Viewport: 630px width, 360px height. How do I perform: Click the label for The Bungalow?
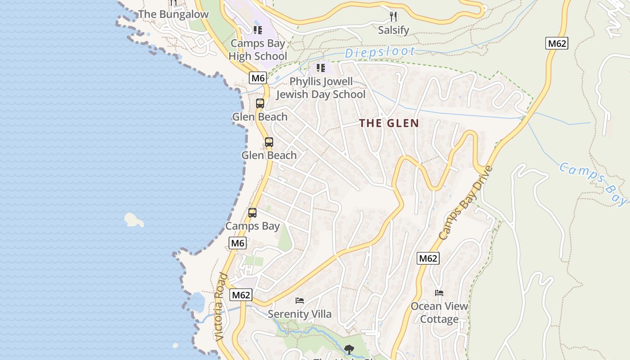tap(173, 14)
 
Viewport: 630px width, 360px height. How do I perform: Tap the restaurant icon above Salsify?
tap(394, 17)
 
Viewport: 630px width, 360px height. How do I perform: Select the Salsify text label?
tap(394, 30)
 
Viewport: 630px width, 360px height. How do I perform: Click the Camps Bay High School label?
tap(258, 50)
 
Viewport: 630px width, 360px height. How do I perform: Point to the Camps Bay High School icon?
tap(257, 30)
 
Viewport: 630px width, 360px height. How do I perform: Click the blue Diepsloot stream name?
tap(379, 52)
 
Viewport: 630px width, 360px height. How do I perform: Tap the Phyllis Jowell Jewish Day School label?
tap(320, 88)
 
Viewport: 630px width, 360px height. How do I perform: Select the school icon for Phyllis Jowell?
tap(320, 68)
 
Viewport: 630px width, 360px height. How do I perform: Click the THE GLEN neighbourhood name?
tap(389, 123)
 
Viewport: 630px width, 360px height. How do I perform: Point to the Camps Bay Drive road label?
tap(465, 203)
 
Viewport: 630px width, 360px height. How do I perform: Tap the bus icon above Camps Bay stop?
tap(252, 213)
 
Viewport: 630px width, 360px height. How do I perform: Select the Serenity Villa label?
tap(300, 314)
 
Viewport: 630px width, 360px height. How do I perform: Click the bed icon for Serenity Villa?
tap(300, 301)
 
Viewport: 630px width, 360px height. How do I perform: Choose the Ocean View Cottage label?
tap(439, 313)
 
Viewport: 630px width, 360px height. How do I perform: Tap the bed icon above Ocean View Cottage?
tap(439, 293)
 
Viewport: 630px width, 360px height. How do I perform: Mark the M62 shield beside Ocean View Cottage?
tap(428, 258)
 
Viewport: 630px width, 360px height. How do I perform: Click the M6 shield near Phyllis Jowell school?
tap(258, 78)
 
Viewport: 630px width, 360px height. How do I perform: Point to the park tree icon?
tap(349, 349)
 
